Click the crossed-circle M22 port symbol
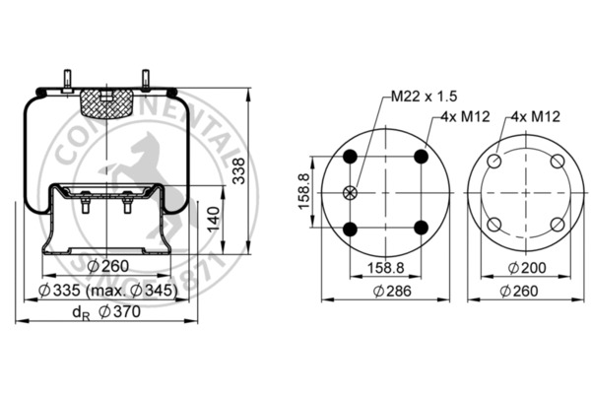(x=349, y=192)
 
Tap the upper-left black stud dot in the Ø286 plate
(x=350, y=157)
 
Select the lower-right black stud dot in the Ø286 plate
(x=422, y=229)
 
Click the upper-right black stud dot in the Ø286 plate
(x=422, y=157)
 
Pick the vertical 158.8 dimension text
(x=303, y=193)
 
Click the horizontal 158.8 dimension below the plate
(x=386, y=266)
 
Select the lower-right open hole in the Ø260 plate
(x=557, y=224)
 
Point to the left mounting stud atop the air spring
(x=68, y=80)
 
